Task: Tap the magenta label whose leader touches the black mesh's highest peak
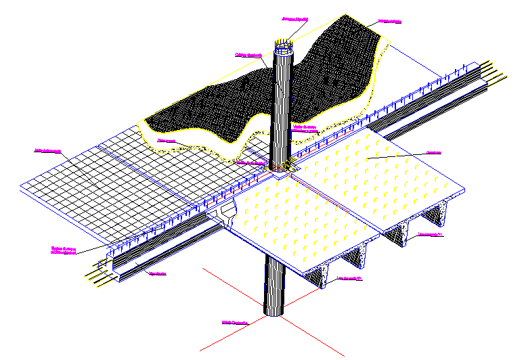click(390, 22)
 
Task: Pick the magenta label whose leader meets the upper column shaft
click(248, 55)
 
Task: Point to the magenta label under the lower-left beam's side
click(157, 274)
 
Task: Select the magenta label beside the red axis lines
click(235, 323)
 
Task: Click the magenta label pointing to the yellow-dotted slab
click(433, 152)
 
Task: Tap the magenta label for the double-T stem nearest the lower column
click(349, 278)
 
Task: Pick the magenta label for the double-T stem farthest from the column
click(430, 235)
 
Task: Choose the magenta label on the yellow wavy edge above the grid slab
click(167, 140)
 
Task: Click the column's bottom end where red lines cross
click(274, 312)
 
